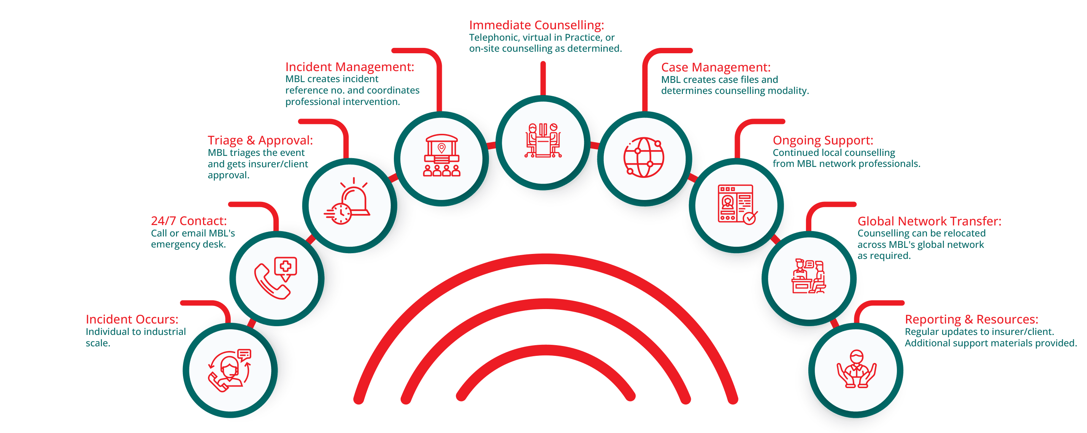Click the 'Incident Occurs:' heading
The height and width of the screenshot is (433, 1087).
(132, 319)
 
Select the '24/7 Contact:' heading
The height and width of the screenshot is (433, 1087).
(189, 221)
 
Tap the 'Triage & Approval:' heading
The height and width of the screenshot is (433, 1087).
(260, 141)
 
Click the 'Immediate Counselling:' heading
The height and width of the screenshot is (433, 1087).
(536, 25)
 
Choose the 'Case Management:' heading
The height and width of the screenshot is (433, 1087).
(716, 68)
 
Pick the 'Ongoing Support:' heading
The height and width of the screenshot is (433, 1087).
(823, 141)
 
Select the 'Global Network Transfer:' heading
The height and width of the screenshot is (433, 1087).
(929, 221)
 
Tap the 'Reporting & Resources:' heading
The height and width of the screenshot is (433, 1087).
(971, 319)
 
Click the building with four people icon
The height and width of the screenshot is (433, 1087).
(441, 155)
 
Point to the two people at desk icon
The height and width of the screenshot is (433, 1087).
(543, 141)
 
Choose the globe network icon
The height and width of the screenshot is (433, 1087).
(644, 157)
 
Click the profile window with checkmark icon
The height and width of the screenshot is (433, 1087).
(737, 205)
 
